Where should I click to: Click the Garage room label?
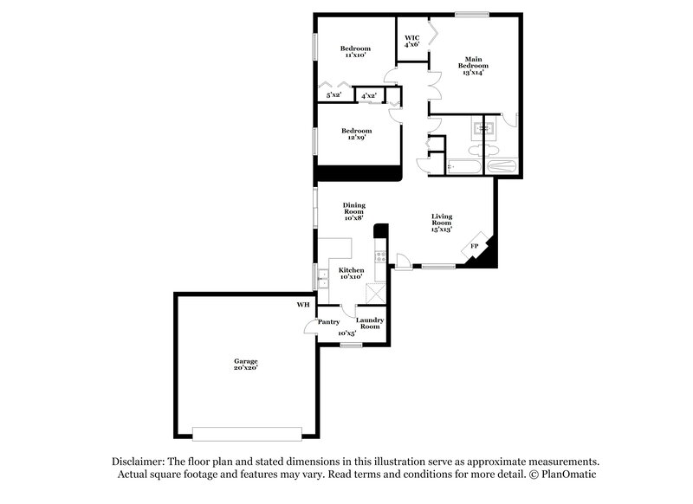pyautogui.click(x=245, y=361)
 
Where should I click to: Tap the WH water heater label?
pyautogui.click(x=302, y=305)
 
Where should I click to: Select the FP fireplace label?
pyautogui.click(x=474, y=247)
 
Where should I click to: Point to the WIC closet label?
pyautogui.click(x=412, y=38)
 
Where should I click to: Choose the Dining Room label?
pyautogui.click(x=353, y=208)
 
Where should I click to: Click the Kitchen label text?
pyautogui.click(x=351, y=271)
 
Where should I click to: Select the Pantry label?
pyautogui.click(x=328, y=321)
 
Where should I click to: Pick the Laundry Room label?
pyautogui.click(x=370, y=323)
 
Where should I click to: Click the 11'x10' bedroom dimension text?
pyautogui.click(x=354, y=55)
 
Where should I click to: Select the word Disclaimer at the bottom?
pyautogui.click(x=139, y=461)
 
